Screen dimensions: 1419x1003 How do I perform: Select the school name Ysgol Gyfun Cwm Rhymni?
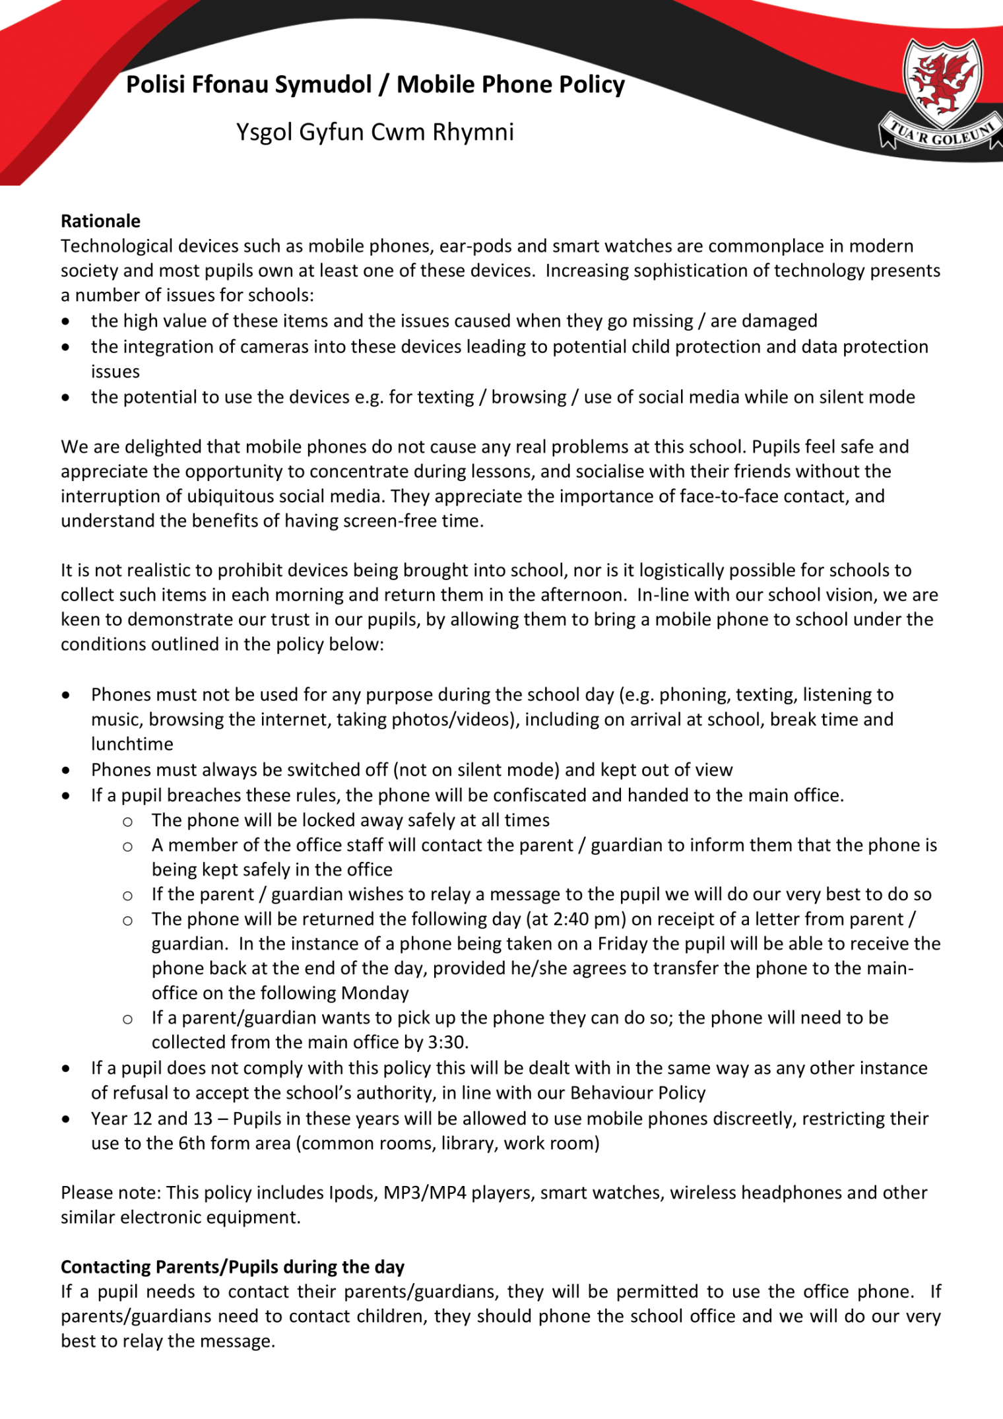(375, 132)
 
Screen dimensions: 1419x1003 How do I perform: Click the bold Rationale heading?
(100, 221)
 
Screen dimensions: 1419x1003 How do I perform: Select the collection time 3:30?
(447, 1043)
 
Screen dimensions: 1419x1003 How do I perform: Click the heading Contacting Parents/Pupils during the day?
(232, 1267)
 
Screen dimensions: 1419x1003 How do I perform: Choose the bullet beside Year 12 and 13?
(66, 1119)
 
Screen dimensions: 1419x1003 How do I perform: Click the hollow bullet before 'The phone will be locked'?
(127, 822)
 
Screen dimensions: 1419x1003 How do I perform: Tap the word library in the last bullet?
(469, 1144)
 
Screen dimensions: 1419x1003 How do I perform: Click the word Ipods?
(353, 1193)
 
